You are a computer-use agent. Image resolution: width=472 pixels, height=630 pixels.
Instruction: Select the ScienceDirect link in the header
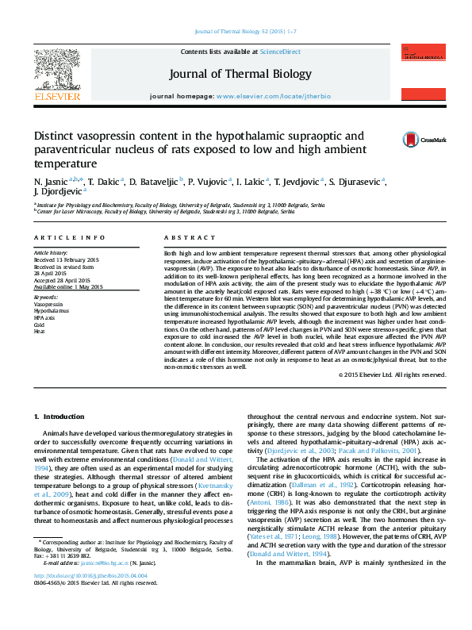click(x=280, y=52)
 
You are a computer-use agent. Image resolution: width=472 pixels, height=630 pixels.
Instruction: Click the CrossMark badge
click(x=410, y=140)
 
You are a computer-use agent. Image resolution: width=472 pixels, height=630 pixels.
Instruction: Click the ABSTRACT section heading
click(x=184, y=238)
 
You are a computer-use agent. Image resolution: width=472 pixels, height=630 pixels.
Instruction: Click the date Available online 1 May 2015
click(x=68, y=287)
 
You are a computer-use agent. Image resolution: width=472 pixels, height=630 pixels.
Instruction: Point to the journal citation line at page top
click(x=235, y=31)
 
